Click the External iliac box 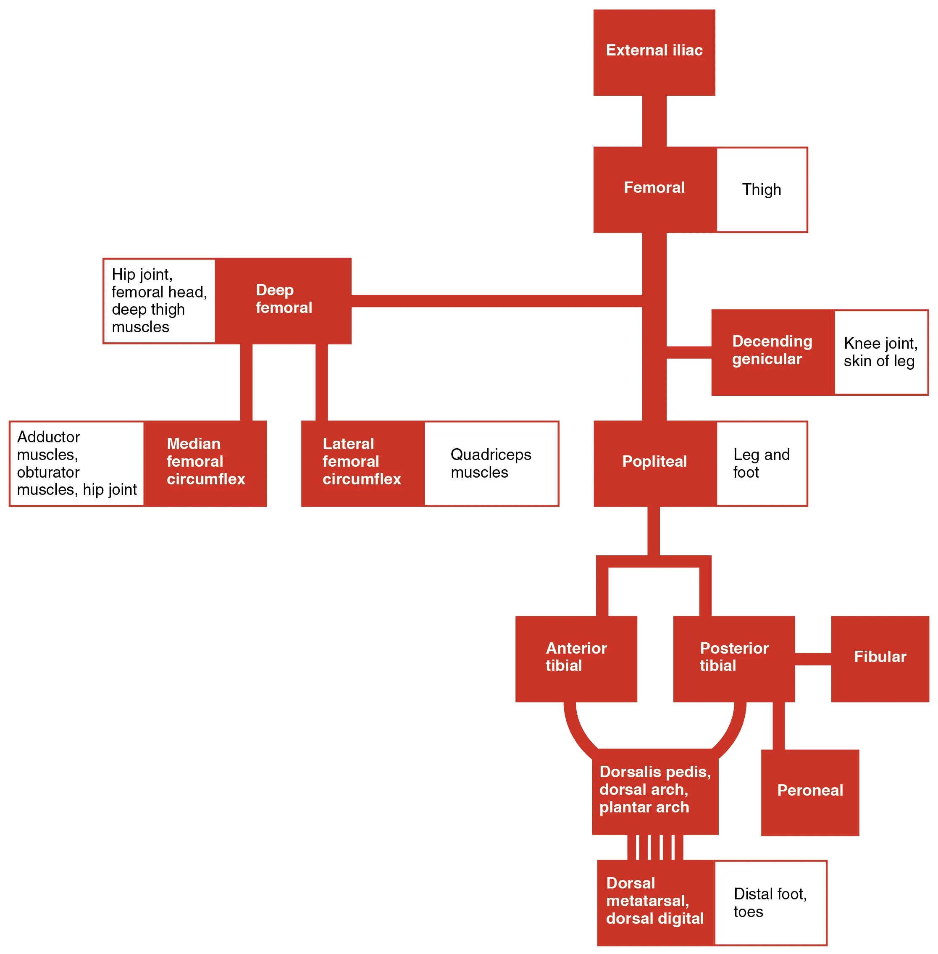point(654,52)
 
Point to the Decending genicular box point(772,352)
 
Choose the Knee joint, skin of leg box point(880,352)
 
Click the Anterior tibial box point(576,658)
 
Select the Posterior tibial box point(733,658)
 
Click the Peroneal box point(809,792)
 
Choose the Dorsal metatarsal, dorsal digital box point(655,902)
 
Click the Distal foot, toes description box point(770,902)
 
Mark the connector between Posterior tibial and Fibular point(812,658)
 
